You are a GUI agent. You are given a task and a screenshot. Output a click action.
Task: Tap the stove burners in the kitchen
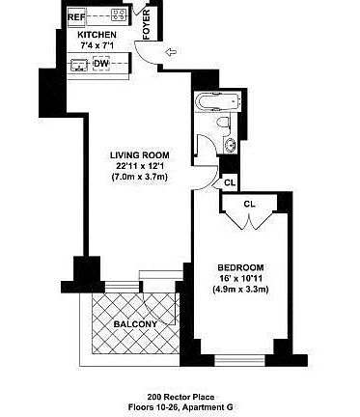[x=119, y=14]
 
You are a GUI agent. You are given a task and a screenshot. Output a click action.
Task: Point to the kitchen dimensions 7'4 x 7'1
[x=97, y=44]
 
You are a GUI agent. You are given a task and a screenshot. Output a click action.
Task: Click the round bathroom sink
[x=230, y=145]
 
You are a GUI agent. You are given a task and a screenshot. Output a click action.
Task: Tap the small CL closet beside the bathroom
[x=229, y=182]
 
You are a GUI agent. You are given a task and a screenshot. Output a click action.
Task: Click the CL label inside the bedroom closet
[x=249, y=204]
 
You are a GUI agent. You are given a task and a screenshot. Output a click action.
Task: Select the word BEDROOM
[x=241, y=266]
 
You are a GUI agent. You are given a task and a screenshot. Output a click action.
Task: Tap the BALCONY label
[x=136, y=324]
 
